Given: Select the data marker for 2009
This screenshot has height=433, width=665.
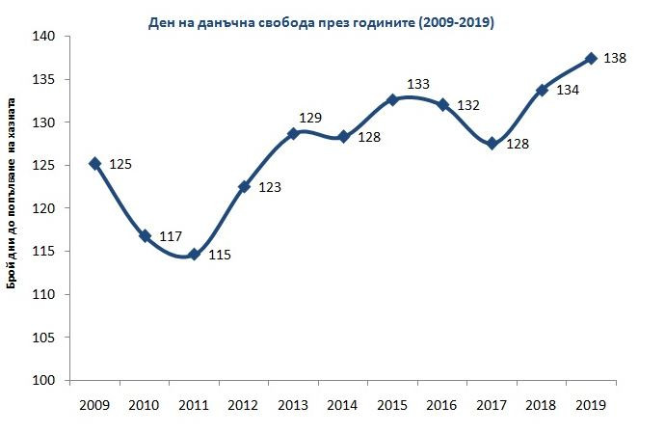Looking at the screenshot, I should pyautogui.click(x=94, y=164).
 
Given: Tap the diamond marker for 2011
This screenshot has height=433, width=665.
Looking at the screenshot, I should pyautogui.click(x=194, y=255).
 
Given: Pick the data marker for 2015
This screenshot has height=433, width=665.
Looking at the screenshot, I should pyautogui.click(x=392, y=99).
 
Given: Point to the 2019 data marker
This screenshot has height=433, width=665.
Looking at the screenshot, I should pyautogui.click(x=591, y=58).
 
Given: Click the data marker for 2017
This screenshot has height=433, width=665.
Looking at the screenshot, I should pyautogui.click(x=492, y=144).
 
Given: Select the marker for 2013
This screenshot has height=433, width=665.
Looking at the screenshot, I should pyautogui.click(x=293, y=133).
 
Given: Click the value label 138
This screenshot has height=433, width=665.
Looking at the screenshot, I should pyautogui.click(x=615, y=59).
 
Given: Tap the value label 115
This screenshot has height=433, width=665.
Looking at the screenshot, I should pyautogui.click(x=220, y=256).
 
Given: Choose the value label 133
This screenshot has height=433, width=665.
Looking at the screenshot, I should pyautogui.click(x=418, y=84).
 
